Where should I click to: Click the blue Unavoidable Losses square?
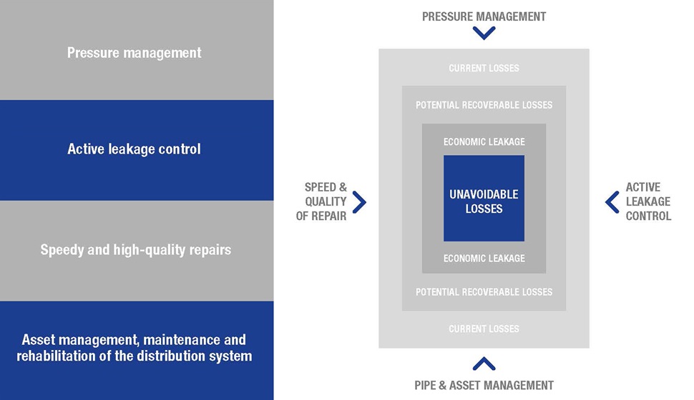coord(484,198)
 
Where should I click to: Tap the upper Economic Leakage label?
coord(484,142)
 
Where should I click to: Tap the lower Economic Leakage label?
coord(484,258)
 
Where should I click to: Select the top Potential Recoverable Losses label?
coord(484,105)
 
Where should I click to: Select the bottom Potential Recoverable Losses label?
coord(484,292)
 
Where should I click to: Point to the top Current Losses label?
coord(484,68)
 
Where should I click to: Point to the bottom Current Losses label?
coord(484,329)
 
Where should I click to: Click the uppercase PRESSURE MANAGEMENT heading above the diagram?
coord(484,17)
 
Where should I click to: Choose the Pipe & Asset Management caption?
coord(484,386)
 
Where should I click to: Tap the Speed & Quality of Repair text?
coord(321,201)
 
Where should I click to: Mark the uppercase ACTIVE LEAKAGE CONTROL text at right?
coord(648,201)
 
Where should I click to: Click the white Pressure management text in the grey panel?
coord(134,53)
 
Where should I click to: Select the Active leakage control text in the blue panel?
coord(134,149)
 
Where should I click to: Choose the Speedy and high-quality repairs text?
coord(136,250)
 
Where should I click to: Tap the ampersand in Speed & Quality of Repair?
coord(343,187)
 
